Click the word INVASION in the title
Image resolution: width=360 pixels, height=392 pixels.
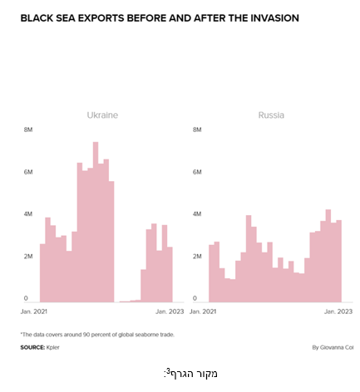pyautogui.click(x=274, y=18)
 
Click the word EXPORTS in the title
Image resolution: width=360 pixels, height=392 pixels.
pyautogui.click(x=101, y=18)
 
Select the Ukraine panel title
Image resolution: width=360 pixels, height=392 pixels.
pyautogui.click(x=102, y=115)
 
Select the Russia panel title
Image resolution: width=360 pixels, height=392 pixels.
pyautogui.click(x=271, y=115)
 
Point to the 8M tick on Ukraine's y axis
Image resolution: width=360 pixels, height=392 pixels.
pyautogui.click(x=28, y=130)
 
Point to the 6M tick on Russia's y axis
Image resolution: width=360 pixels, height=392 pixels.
pyautogui.click(x=197, y=172)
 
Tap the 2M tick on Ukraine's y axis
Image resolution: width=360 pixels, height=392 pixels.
pyautogui.click(x=28, y=257)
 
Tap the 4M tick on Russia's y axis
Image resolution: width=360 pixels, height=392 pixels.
pyautogui.click(x=197, y=214)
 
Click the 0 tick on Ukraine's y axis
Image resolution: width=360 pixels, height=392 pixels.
pyautogui.click(x=26, y=298)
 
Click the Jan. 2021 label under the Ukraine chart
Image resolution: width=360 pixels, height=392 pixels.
pyautogui.click(x=34, y=311)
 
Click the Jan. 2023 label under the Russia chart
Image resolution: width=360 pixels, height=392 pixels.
pyautogui.click(x=338, y=311)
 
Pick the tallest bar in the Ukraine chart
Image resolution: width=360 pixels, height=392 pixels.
pyautogui.click(x=96, y=222)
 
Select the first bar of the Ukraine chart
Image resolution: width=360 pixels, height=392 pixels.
pyautogui.click(x=42, y=272)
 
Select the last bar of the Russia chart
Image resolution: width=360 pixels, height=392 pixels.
pyautogui.click(x=338, y=261)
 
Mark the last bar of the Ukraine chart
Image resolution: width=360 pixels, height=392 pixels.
pyautogui.click(x=170, y=274)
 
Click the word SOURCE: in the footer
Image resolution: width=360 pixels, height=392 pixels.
pyautogui.click(x=32, y=347)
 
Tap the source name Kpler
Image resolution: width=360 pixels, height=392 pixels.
pyautogui.click(x=53, y=347)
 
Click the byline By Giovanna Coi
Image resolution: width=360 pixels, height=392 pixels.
pyautogui.click(x=333, y=347)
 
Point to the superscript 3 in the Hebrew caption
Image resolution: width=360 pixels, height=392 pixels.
pyautogui.click(x=168, y=370)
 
